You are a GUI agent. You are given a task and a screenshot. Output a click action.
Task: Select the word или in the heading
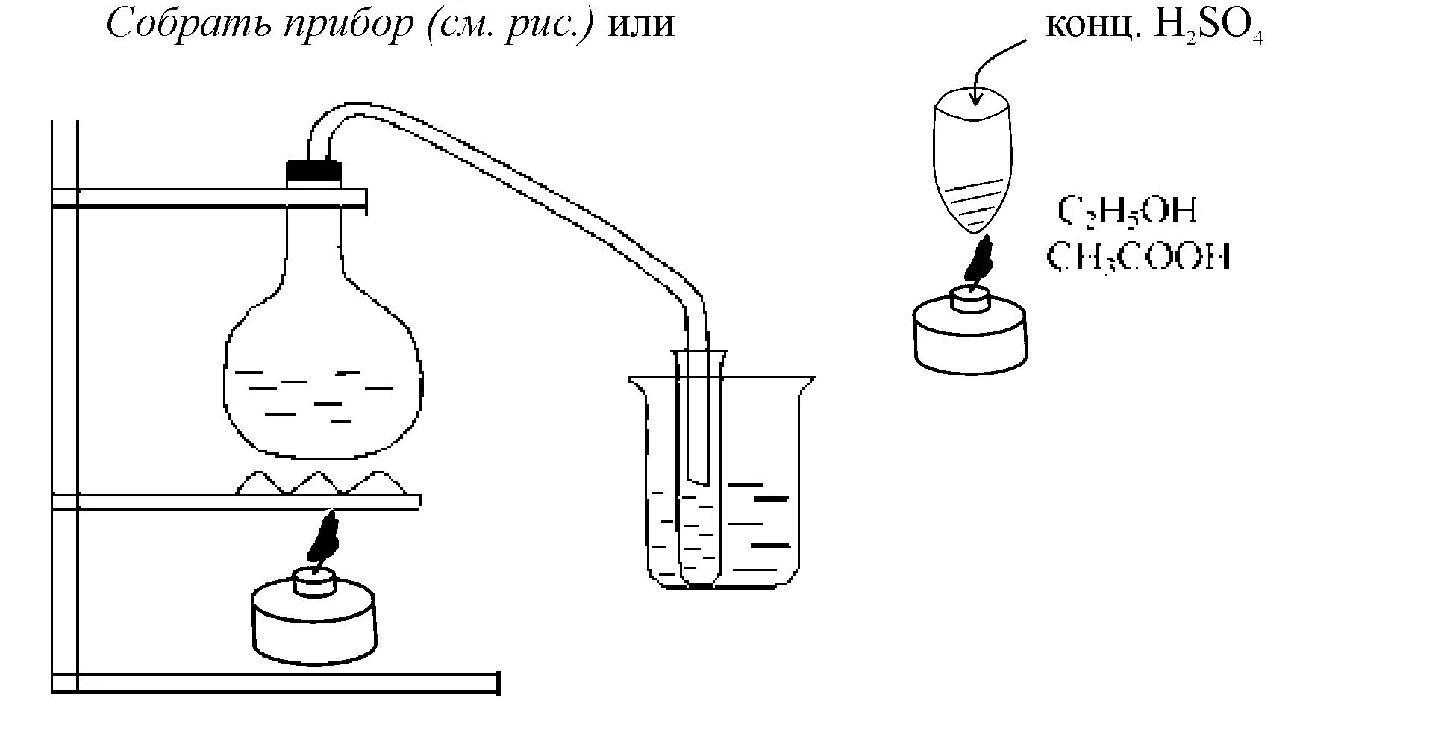(643, 25)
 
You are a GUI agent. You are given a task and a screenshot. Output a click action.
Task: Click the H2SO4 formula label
(1208, 27)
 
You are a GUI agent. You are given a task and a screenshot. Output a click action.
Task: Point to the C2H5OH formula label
(1128, 211)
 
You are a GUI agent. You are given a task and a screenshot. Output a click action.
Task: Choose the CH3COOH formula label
(1139, 258)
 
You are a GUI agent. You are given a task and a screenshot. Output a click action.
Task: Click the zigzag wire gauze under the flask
(321, 483)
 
